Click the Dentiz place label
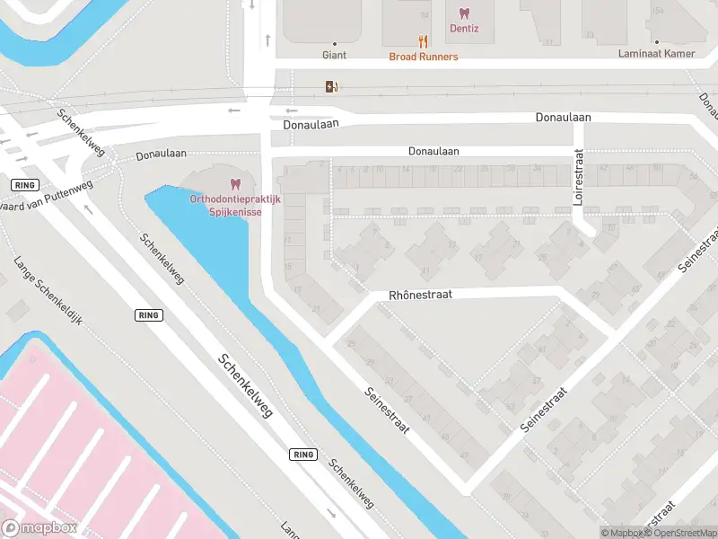coord(464,29)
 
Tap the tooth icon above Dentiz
coord(464,13)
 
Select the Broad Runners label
coord(423,57)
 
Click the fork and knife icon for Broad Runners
coord(423,41)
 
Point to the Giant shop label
coord(334,55)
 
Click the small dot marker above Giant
coord(334,43)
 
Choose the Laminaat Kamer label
coord(656,54)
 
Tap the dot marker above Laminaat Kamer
coord(656,42)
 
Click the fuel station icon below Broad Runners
coord(331,86)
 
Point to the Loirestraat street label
coord(579,178)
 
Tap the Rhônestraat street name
coord(420,295)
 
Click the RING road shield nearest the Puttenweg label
coord(23,184)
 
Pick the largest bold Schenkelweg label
coord(245,393)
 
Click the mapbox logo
coord(39,528)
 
